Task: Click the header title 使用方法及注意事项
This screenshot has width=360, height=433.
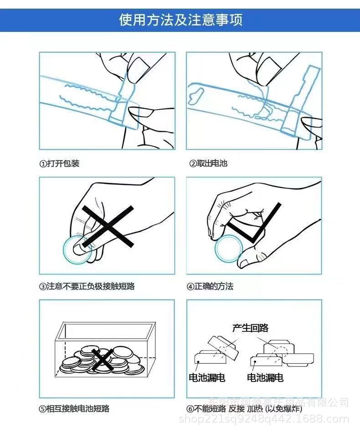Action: pos(180,20)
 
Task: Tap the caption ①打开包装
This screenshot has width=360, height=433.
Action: pos(59,163)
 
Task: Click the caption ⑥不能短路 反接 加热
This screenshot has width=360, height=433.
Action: pos(242,408)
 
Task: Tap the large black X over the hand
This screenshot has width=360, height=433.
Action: pos(108,227)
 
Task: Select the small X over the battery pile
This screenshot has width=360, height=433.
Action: pos(103,359)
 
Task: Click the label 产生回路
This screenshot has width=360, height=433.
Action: pos(250,328)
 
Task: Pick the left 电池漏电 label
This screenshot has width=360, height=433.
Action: pos(207,377)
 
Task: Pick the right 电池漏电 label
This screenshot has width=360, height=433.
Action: pos(265,377)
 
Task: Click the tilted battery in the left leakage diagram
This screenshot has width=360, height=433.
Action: pos(221,348)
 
